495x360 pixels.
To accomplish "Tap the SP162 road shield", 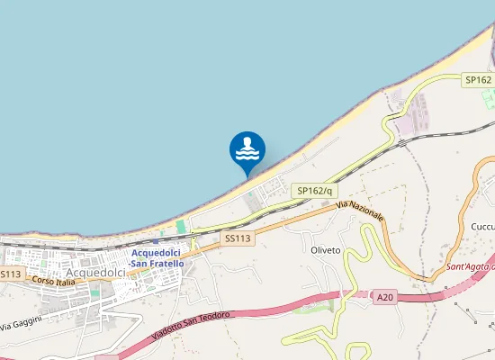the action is click(x=477, y=80).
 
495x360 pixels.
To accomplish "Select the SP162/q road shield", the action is click(x=315, y=191).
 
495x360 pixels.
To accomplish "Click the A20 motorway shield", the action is click(x=385, y=296).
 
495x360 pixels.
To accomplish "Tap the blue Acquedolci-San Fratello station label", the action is click(x=156, y=257).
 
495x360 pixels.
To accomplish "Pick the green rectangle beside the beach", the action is click(x=180, y=227).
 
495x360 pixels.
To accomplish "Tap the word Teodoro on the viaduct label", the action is click(x=216, y=318).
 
